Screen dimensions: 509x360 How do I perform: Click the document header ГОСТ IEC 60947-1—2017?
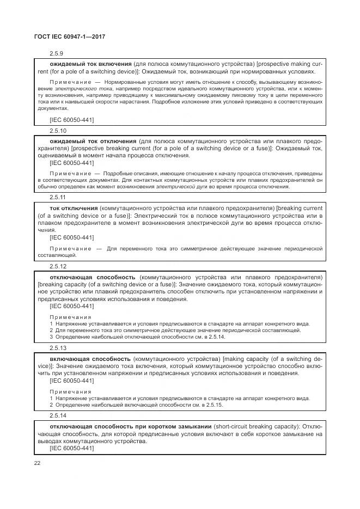click(70, 36)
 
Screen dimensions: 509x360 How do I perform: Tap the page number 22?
click(38, 462)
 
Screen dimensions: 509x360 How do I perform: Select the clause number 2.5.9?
click(56, 53)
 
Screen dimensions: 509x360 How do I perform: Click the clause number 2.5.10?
click(58, 131)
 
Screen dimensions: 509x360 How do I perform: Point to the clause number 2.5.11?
click(58, 197)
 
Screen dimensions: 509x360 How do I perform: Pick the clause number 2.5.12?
click(58, 266)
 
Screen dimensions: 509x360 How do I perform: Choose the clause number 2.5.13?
click(58, 347)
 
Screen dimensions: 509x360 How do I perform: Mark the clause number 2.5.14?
click(58, 415)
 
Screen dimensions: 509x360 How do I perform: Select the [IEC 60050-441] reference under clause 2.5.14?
click(71, 448)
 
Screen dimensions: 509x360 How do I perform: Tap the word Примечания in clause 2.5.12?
click(70, 317)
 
